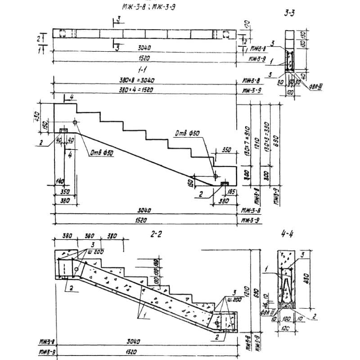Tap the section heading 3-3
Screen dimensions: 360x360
[x=289, y=13]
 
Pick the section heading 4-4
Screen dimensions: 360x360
[x=288, y=234]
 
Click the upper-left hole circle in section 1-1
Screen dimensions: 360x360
[x=75, y=122]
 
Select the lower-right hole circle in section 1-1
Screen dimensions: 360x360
[x=215, y=176]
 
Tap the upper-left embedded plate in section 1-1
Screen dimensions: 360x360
[x=63, y=130]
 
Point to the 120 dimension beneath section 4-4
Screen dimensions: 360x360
[x=286, y=328]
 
